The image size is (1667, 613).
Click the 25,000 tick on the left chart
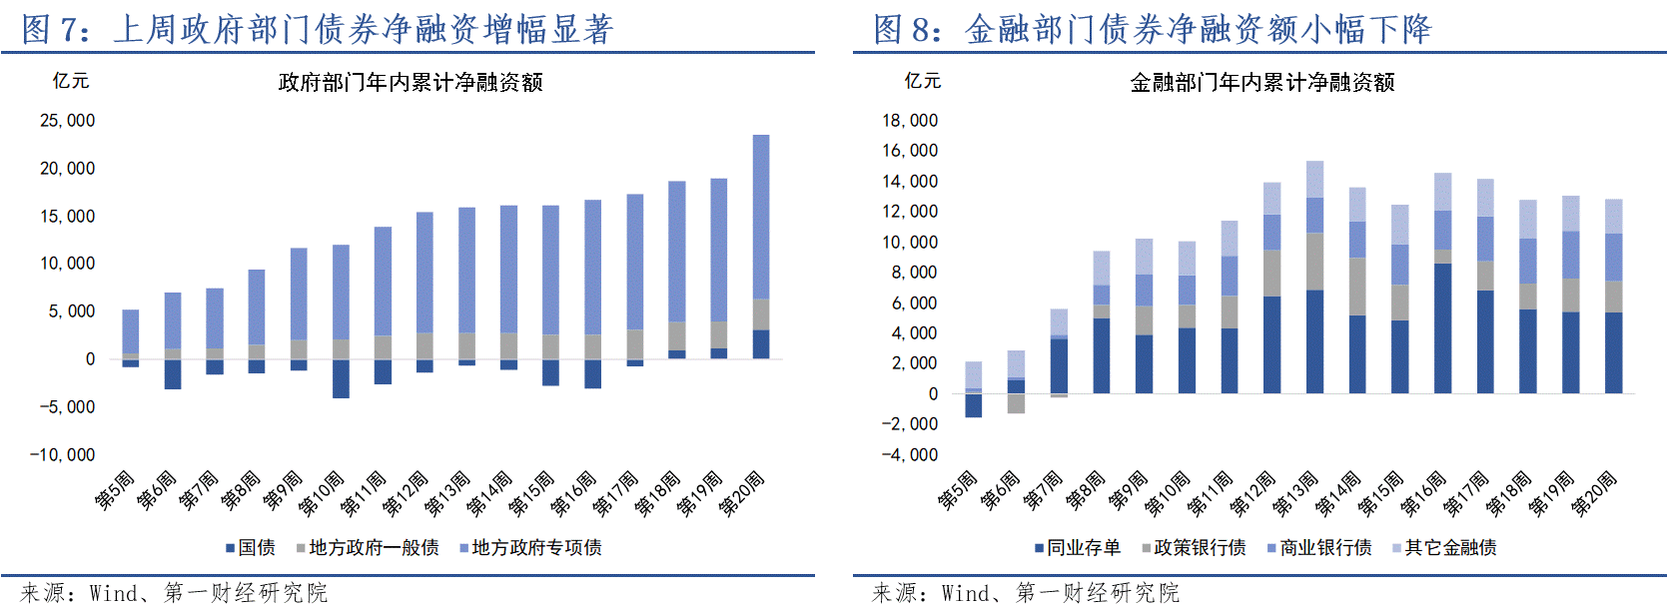[67, 121]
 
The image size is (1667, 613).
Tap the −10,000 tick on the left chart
[62, 455]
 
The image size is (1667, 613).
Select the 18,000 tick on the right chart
[909, 121]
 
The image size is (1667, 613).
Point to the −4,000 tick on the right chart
[909, 455]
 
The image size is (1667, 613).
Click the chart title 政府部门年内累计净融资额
[411, 83]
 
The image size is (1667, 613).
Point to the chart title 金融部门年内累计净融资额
[1261, 83]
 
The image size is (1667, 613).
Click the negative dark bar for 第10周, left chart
[341, 378]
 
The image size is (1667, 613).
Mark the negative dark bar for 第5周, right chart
[973, 404]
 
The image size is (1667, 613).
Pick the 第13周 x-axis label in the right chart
[1295, 494]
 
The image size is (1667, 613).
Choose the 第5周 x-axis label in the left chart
[115, 490]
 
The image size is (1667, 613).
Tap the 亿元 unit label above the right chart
[922, 81]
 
